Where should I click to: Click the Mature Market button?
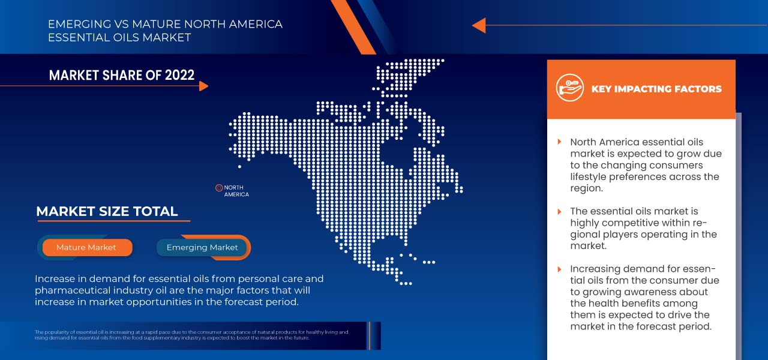(86, 247)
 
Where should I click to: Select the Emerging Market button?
(202, 247)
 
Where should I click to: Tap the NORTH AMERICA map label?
(236, 191)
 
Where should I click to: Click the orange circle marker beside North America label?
(219, 188)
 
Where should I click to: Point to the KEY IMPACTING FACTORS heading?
(656, 89)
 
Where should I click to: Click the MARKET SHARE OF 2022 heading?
(122, 75)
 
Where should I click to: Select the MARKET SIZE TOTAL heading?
(107, 211)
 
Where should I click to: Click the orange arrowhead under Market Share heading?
(203, 86)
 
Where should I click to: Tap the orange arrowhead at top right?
(479, 25)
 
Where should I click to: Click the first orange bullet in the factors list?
(560, 142)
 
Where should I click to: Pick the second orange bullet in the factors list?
(560, 211)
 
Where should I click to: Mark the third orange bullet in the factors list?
(560, 269)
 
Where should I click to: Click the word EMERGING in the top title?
(76, 25)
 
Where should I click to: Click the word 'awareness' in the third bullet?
(684, 292)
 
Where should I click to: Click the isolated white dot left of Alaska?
(239, 166)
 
